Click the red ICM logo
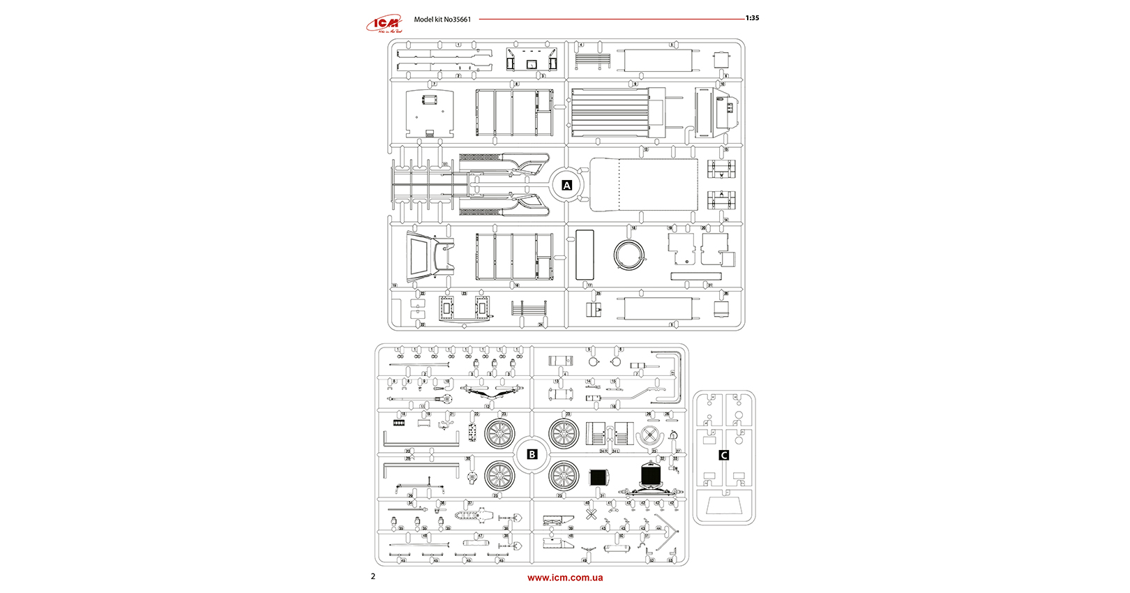tap(384, 24)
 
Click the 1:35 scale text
tap(752, 18)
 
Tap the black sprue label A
tap(566, 186)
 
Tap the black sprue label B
tap(532, 454)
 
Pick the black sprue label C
tap(724, 455)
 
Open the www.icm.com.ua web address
tap(565, 578)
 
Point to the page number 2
tap(373, 576)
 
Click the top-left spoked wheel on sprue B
tap(499, 434)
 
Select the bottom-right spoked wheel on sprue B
tap(564, 476)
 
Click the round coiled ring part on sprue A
tap(629, 255)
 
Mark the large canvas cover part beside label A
tap(644, 185)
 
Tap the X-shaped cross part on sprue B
tap(592, 516)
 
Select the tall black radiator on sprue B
tap(651, 476)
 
